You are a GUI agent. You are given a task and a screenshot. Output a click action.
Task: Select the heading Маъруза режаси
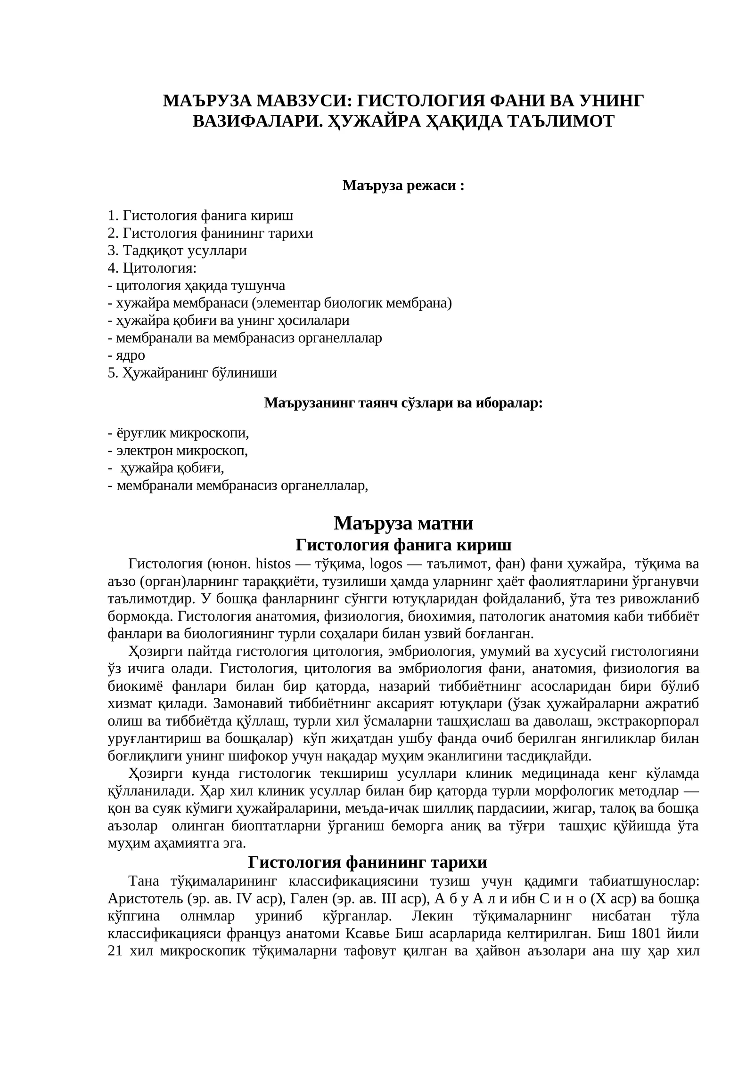(x=403, y=186)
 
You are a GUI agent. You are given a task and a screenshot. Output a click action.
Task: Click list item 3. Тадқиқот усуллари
(x=177, y=250)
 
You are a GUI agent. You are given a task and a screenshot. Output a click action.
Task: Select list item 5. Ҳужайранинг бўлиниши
(x=192, y=373)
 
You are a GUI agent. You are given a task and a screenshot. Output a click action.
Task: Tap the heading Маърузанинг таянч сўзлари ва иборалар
(x=403, y=403)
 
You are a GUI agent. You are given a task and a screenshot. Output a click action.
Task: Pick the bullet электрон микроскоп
(x=178, y=451)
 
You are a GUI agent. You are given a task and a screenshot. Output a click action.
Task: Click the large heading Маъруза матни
(x=403, y=523)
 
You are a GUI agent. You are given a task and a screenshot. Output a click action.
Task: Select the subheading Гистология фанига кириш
(x=403, y=545)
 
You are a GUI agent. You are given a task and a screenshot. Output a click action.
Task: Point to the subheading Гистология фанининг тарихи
(x=367, y=862)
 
